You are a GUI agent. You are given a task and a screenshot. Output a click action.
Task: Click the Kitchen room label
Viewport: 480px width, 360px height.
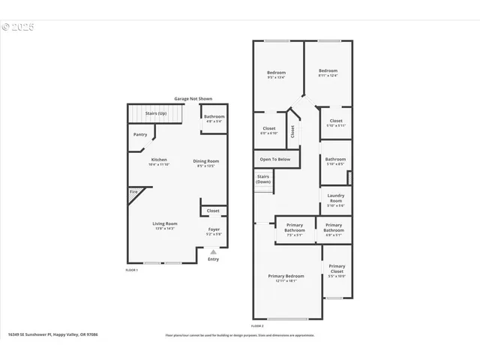(x=159, y=160)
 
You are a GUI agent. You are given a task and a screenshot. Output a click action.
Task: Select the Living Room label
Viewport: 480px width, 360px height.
(x=165, y=224)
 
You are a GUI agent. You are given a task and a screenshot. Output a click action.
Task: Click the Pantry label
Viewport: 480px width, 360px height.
(x=140, y=134)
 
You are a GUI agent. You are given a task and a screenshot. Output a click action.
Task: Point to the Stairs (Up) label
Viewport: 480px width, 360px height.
(x=156, y=113)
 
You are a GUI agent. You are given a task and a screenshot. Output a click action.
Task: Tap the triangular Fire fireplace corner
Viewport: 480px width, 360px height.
(x=133, y=193)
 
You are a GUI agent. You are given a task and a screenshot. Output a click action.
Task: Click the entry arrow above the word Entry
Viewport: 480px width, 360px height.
(x=213, y=253)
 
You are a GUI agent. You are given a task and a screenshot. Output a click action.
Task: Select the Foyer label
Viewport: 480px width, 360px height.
(x=214, y=231)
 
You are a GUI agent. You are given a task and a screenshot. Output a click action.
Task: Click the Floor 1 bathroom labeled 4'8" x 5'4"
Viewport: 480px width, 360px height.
(x=214, y=117)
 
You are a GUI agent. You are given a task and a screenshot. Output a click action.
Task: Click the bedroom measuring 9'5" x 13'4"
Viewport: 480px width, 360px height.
(x=276, y=73)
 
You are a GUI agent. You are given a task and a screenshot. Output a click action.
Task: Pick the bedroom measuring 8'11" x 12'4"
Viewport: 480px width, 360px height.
(x=328, y=72)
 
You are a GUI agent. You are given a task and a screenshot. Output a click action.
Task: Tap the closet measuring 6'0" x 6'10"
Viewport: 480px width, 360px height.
(x=268, y=129)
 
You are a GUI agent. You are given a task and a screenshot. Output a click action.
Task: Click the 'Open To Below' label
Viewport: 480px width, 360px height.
(x=275, y=159)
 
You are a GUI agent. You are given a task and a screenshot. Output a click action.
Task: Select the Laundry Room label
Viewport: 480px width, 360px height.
(x=335, y=200)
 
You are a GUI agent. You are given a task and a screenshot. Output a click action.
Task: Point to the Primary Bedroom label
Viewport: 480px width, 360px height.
(x=286, y=277)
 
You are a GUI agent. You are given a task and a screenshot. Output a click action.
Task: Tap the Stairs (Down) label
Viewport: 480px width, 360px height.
(x=263, y=179)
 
